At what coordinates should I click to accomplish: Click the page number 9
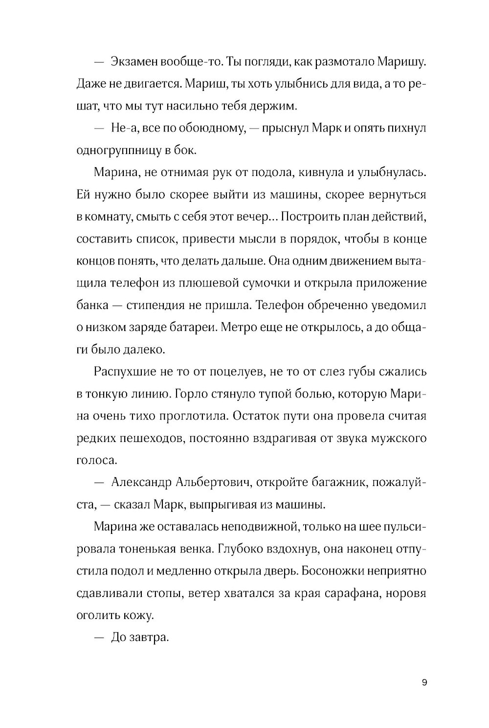coord(424,683)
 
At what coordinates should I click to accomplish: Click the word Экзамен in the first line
coord(133,62)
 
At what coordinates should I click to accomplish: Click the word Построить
coord(314,217)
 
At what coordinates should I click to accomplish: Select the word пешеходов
coord(151,438)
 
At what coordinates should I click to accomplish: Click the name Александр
coord(142,483)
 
